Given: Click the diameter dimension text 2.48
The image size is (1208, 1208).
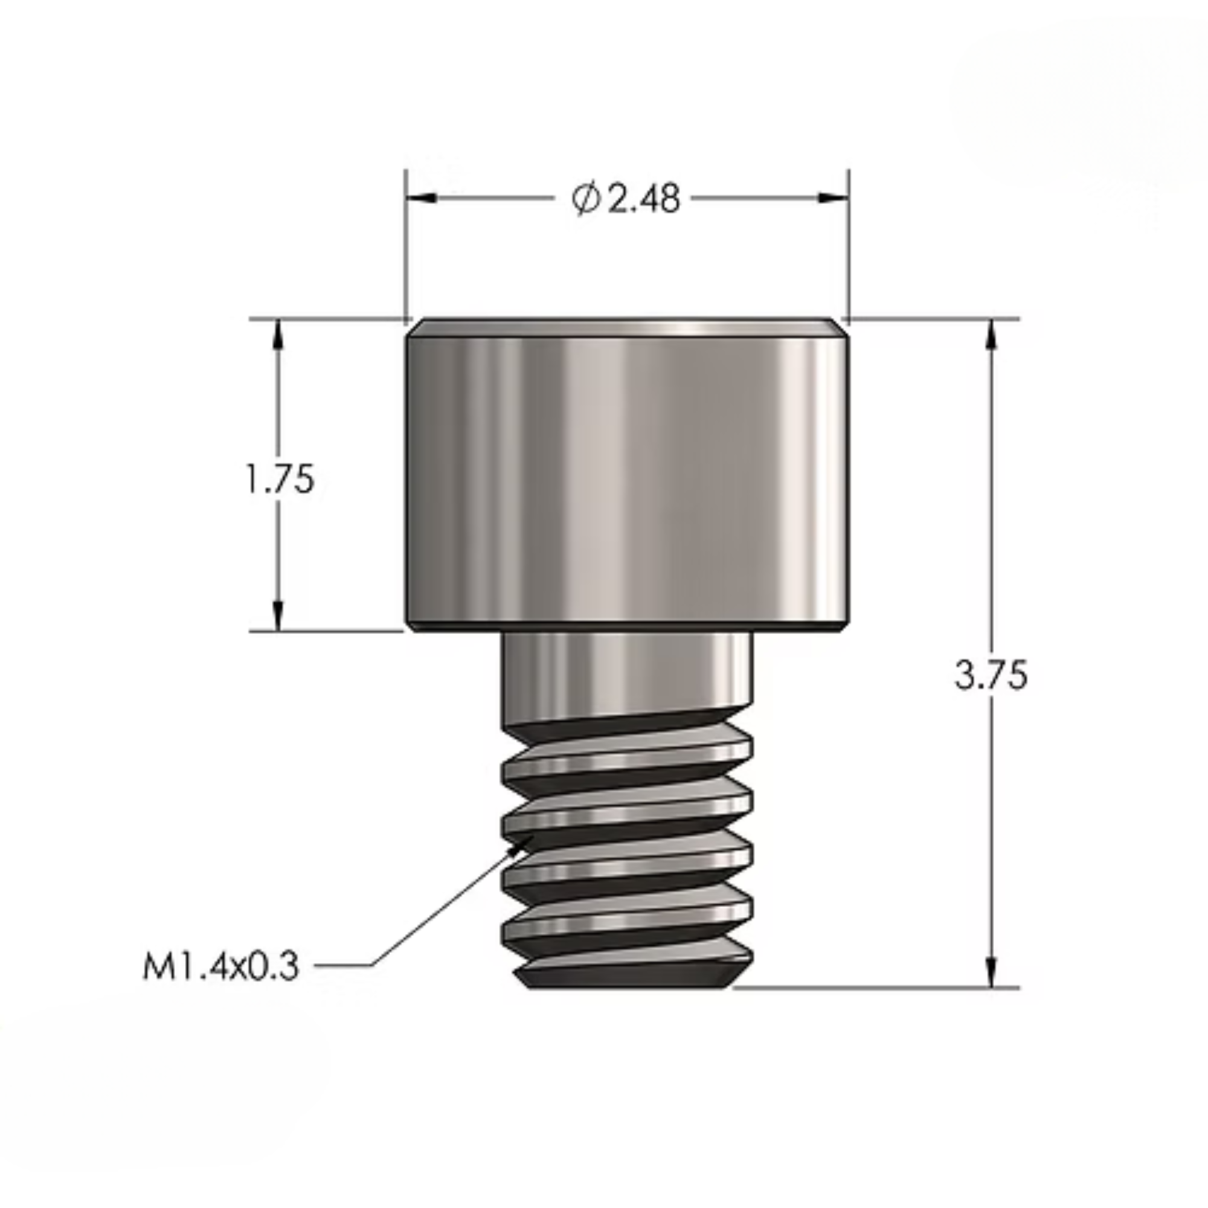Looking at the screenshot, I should tap(644, 199).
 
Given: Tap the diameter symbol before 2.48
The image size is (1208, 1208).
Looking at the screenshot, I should tap(586, 199).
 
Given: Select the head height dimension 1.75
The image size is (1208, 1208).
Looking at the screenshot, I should tap(280, 480).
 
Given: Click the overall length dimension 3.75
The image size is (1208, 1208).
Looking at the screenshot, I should tap(991, 675).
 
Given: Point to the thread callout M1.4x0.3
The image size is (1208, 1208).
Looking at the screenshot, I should tap(221, 966).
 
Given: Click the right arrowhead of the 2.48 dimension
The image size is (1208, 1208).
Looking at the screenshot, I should tap(833, 198).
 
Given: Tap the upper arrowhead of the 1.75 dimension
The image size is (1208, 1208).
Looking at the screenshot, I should tap(278, 335).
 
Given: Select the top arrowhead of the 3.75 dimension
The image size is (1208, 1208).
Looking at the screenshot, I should tap(991, 335).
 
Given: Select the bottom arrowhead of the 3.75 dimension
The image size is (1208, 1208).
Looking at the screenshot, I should tap(991, 972).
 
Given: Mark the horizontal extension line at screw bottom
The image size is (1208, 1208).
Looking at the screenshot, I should tap(875, 988).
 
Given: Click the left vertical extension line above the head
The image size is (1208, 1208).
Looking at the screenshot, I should tap(406, 250).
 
